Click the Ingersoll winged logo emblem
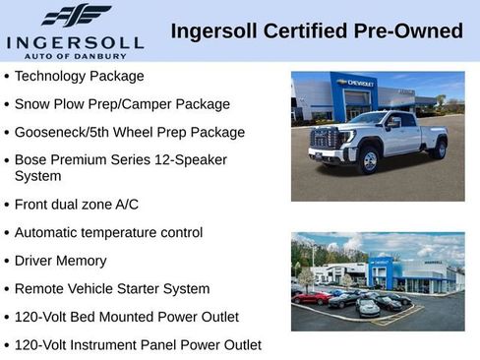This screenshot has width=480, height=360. (x=76, y=16)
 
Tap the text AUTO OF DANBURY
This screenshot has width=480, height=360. (x=76, y=55)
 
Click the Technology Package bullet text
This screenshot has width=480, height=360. (x=80, y=76)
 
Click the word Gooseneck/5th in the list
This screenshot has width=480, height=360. (x=61, y=132)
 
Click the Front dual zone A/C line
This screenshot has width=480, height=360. (x=77, y=205)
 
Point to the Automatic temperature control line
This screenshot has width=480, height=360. (x=108, y=233)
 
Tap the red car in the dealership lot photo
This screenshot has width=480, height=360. (x=313, y=297)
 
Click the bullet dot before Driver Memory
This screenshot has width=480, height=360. (x=7, y=262)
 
